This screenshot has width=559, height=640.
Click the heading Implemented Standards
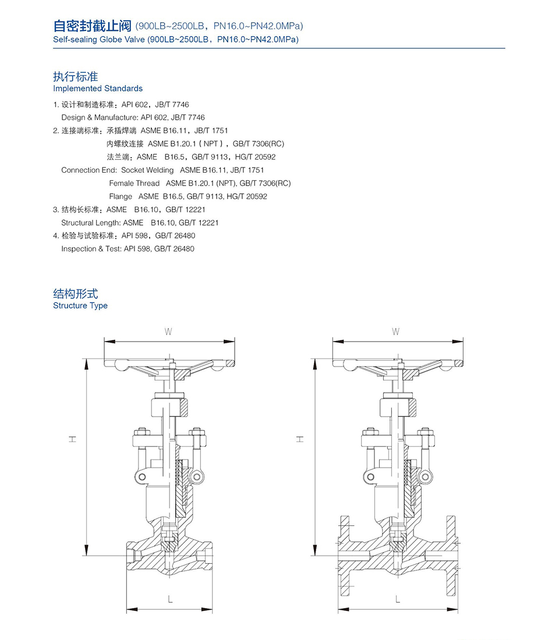(98, 88)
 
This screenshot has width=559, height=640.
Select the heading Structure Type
(80, 305)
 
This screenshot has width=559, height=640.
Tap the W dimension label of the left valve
(168, 332)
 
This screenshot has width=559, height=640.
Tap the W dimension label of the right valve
(396, 332)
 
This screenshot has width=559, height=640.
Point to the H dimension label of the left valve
(73, 440)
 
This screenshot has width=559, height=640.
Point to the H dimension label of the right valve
(300, 440)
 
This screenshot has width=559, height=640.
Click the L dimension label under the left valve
(169, 599)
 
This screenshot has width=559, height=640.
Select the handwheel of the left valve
(169, 365)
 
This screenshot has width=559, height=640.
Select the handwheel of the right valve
(397, 365)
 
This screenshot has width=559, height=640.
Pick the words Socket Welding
(147, 170)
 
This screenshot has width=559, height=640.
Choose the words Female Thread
(134, 183)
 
